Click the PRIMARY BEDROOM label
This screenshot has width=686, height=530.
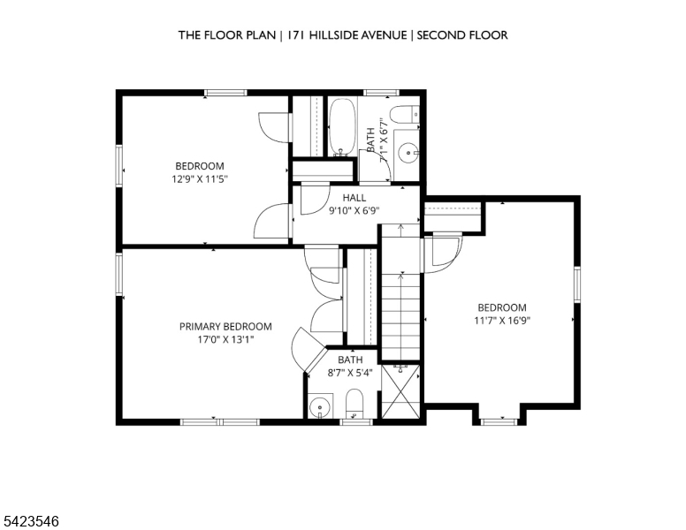(225, 327)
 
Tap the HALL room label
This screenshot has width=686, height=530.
(354, 198)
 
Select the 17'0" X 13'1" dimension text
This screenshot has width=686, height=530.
(225, 340)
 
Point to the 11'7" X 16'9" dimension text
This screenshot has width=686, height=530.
(502, 321)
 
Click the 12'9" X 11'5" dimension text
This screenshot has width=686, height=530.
(200, 178)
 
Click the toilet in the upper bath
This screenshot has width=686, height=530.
(405, 115)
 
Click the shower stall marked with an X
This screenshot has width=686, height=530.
(400, 391)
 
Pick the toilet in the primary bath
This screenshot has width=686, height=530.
(354, 404)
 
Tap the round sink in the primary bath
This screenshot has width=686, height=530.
(320, 407)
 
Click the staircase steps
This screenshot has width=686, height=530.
(400, 292)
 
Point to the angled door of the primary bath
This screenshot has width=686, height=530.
(309, 349)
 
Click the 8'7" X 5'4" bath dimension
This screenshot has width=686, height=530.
(350, 373)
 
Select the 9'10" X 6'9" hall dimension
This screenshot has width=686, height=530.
(354, 211)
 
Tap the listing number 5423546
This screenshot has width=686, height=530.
(31, 521)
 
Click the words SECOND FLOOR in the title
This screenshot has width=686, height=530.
(462, 35)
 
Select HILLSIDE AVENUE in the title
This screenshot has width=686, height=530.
(358, 35)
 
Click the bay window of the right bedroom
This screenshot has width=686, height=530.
(499, 421)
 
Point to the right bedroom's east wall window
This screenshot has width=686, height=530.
(577, 284)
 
